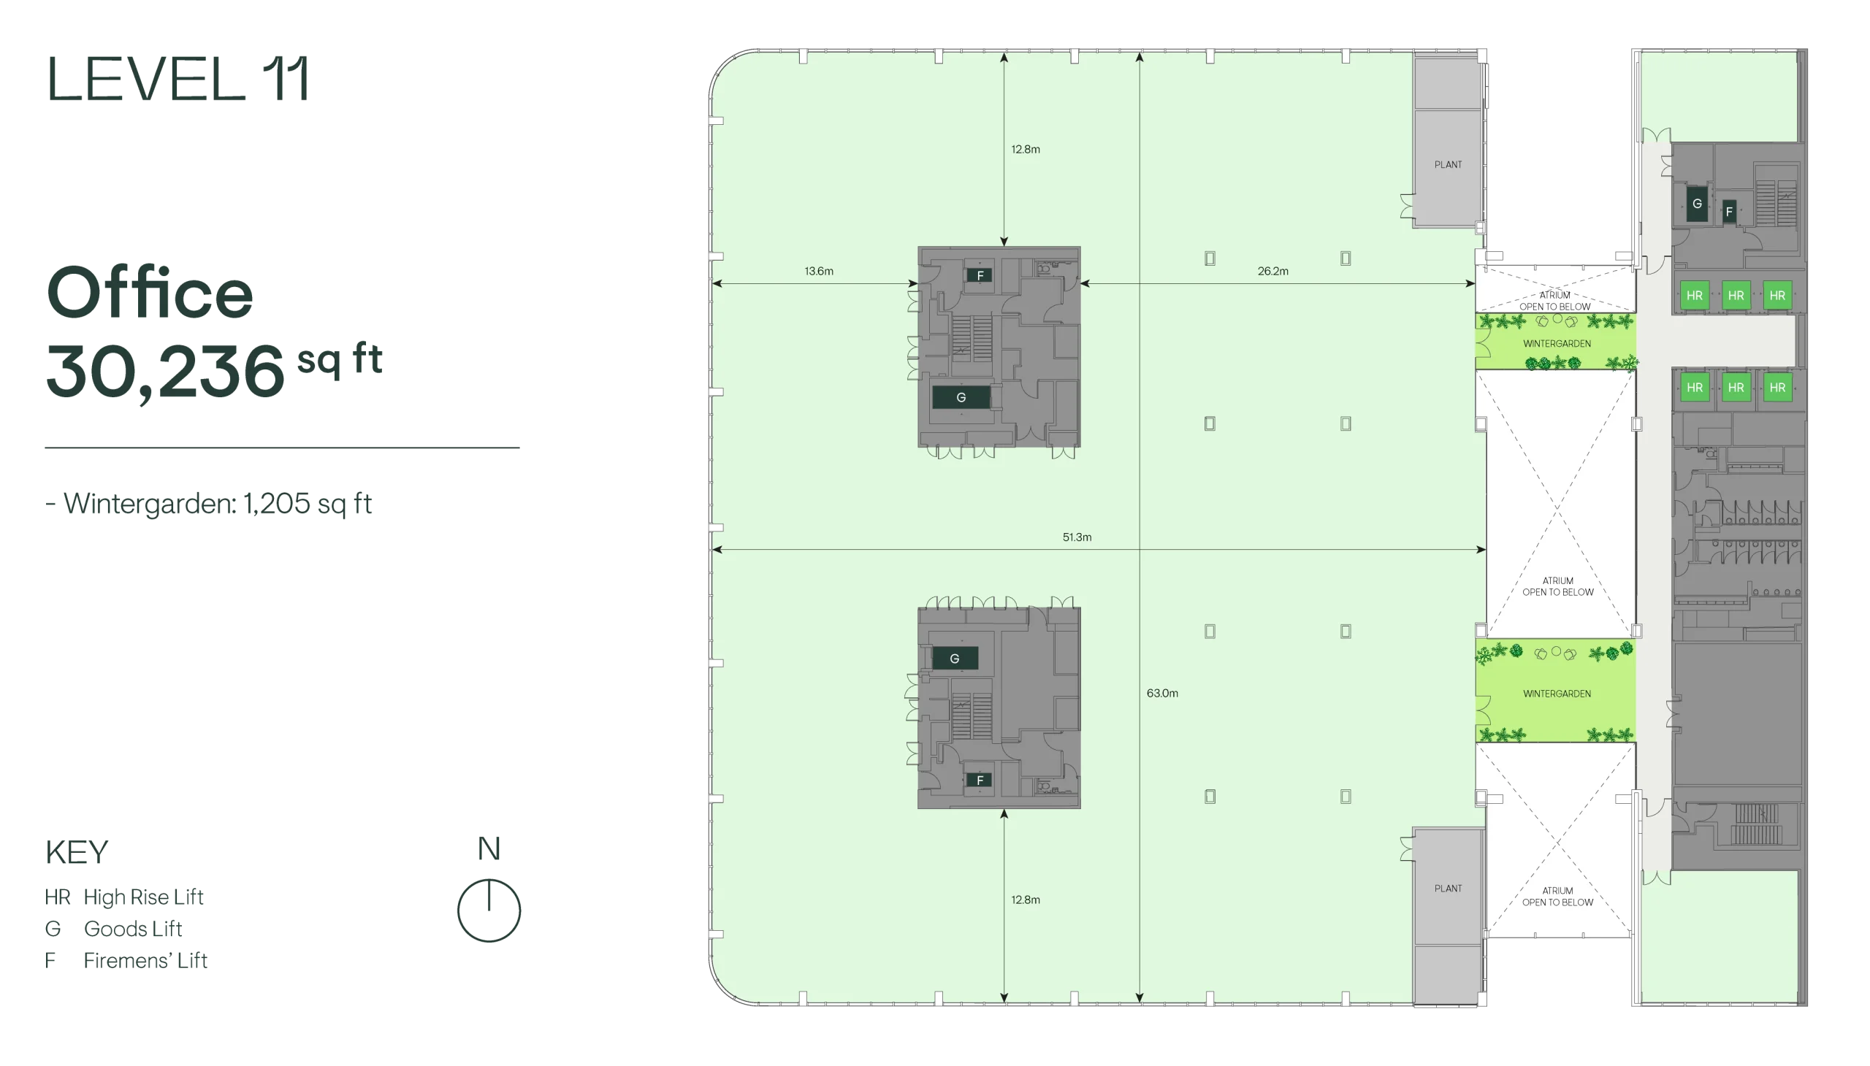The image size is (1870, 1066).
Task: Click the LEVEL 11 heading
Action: pyautogui.click(x=178, y=78)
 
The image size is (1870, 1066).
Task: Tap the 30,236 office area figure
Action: pyautogui.click(x=166, y=371)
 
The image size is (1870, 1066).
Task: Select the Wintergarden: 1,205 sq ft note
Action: pyautogui.click(x=209, y=504)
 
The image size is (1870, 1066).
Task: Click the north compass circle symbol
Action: pyautogui.click(x=489, y=910)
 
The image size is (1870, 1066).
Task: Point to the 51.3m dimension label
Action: pyautogui.click(x=1077, y=537)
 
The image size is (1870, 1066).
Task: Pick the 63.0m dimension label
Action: pyautogui.click(x=1162, y=694)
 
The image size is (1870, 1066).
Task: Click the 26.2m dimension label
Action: pyautogui.click(x=1273, y=271)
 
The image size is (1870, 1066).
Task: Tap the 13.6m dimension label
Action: pyautogui.click(x=819, y=271)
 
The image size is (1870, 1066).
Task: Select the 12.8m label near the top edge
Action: pyautogui.click(x=1026, y=150)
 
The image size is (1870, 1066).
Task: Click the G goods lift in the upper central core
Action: pyautogui.click(x=961, y=397)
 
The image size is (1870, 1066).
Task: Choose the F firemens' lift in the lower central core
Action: pyautogui.click(x=980, y=781)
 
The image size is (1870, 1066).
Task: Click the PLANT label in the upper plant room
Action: pyautogui.click(x=1448, y=165)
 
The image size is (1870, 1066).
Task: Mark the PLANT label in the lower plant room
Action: pyautogui.click(x=1448, y=889)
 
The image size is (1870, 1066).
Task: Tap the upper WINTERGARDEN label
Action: pyautogui.click(x=1557, y=343)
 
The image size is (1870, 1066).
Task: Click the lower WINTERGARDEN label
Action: pyautogui.click(x=1557, y=694)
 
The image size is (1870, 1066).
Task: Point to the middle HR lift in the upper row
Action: pyautogui.click(x=1736, y=296)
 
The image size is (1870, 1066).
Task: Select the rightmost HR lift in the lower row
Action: pyautogui.click(x=1777, y=387)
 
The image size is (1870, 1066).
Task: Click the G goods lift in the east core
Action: pyautogui.click(x=1697, y=204)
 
